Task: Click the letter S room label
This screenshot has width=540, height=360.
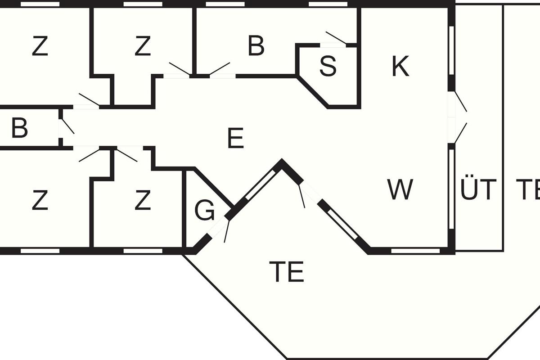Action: [328, 66]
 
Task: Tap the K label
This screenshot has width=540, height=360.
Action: [400, 67]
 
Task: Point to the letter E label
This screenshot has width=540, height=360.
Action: [235, 139]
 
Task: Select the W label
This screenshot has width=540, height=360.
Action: [400, 189]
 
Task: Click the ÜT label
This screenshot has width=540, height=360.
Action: [478, 189]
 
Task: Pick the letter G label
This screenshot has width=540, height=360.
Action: [205, 211]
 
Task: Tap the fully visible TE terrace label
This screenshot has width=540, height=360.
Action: [287, 271]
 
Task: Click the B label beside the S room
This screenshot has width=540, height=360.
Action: [256, 46]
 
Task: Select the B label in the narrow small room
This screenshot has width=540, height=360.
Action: [19, 128]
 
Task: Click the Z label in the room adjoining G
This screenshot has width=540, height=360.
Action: [143, 201]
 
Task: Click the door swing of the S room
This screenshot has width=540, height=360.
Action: [336, 39]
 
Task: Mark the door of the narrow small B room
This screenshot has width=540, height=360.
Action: [67, 126]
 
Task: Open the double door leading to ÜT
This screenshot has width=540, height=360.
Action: [460, 117]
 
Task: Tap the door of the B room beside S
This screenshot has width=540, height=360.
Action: [220, 69]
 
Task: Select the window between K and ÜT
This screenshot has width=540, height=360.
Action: [451, 49]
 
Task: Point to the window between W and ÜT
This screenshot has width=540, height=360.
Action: [451, 189]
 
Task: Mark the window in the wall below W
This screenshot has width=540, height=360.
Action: [415, 251]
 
